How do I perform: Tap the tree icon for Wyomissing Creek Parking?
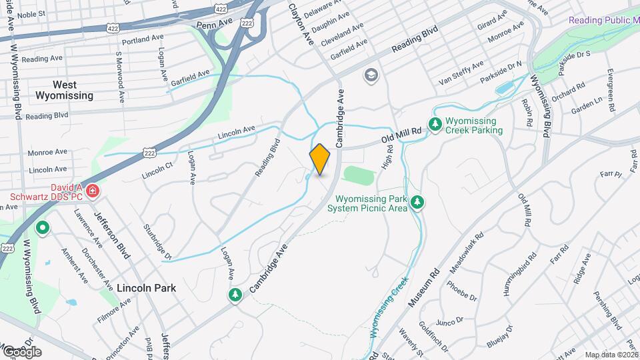click(x=435, y=124)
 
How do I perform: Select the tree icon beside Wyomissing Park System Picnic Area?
click(x=417, y=201)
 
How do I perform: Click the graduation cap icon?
click(x=370, y=75)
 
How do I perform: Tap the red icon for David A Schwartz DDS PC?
click(x=93, y=191)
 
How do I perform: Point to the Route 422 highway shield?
click(x=113, y=29)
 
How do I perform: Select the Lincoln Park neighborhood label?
click(x=146, y=288)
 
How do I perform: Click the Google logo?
click(x=21, y=351)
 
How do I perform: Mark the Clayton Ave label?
click(x=300, y=23)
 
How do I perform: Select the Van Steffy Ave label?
click(x=461, y=73)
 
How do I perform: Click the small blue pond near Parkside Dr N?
click(x=504, y=87)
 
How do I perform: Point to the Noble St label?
click(x=31, y=13)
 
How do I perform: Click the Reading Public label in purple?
click(x=603, y=20)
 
